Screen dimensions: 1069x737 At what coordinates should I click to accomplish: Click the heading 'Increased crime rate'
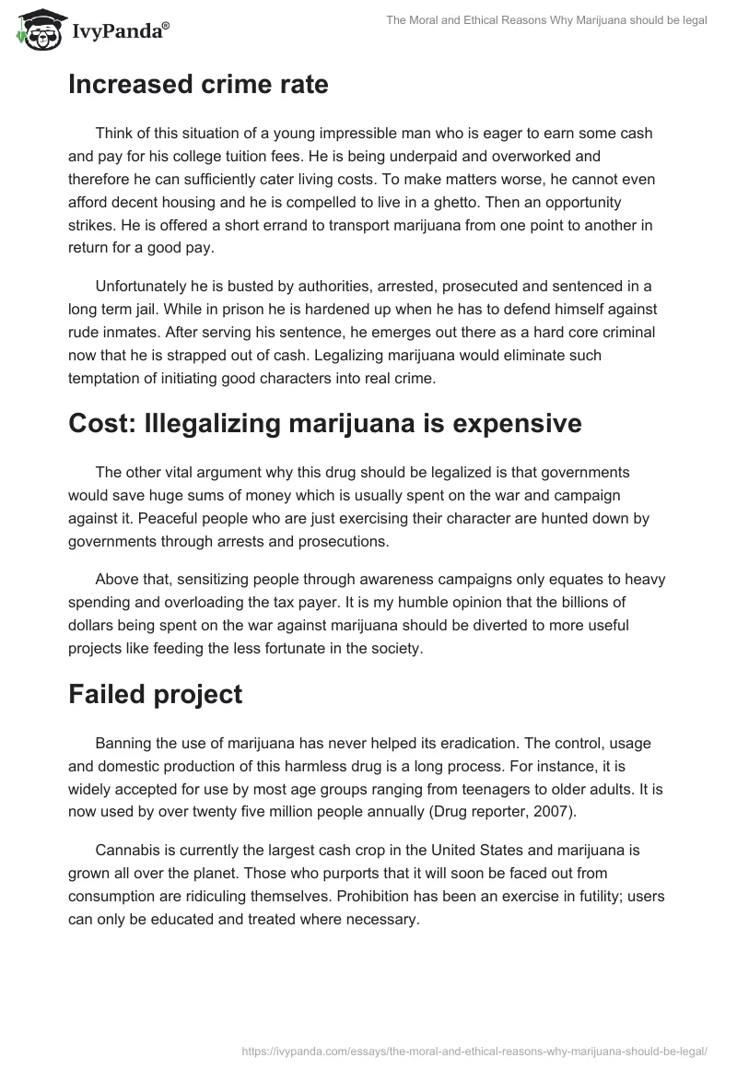[198, 85]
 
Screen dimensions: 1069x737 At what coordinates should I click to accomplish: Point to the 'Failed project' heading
[155, 694]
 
